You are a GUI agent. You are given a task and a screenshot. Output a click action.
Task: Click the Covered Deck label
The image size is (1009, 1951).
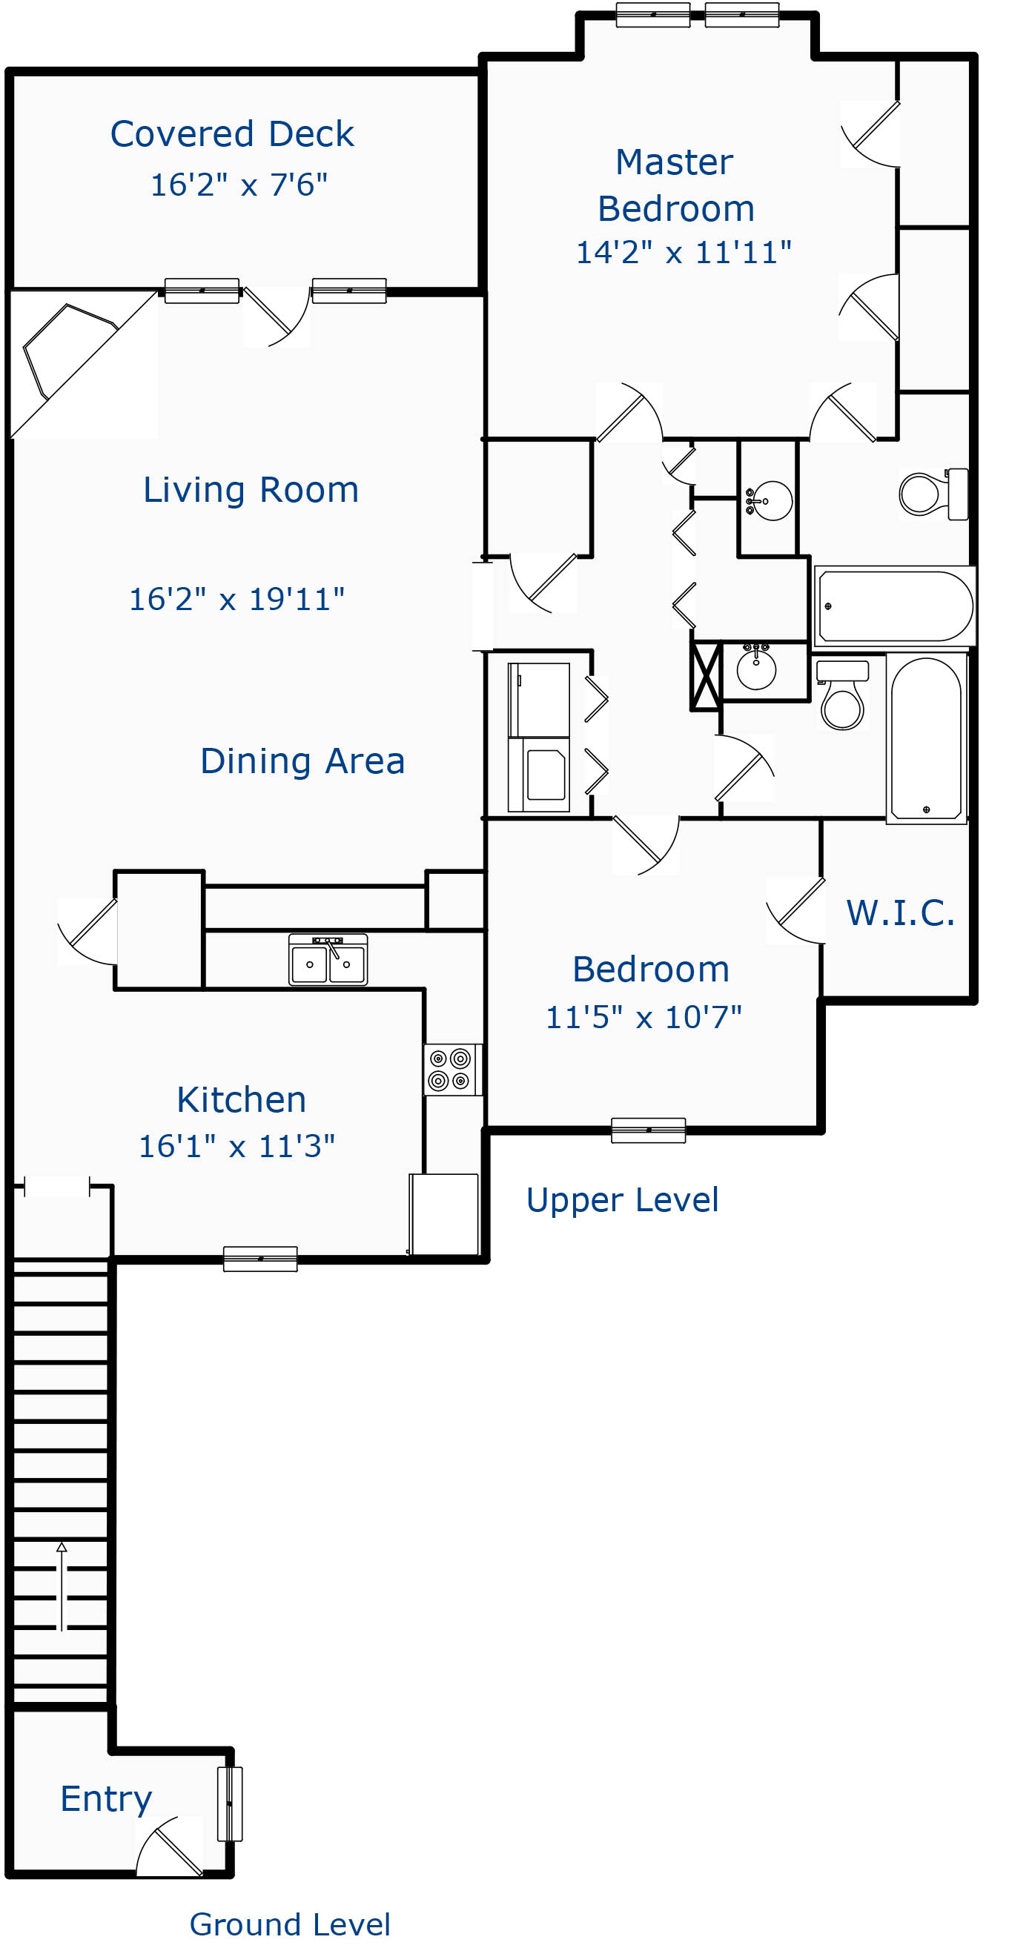[x=232, y=134]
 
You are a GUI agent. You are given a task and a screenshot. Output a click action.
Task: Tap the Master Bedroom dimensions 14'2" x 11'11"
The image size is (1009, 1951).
[x=684, y=252]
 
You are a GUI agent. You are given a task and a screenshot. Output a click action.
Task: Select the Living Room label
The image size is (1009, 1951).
[x=251, y=489]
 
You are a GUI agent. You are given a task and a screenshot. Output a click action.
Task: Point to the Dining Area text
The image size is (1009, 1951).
[x=302, y=761]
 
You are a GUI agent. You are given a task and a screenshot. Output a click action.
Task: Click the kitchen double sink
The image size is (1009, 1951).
[x=328, y=960]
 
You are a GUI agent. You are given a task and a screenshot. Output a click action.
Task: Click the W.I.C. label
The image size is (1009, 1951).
[x=900, y=912]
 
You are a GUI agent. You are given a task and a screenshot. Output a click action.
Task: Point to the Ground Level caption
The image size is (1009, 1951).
[x=289, y=1924]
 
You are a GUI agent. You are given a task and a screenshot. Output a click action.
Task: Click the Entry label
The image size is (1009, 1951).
[x=106, y=1800]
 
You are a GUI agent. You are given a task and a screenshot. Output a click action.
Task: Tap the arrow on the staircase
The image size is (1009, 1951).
[x=62, y=1585]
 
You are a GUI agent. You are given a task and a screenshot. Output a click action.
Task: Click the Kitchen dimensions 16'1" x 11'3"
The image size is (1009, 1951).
[x=236, y=1147]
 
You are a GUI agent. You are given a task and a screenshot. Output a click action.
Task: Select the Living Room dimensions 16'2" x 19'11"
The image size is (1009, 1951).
[x=236, y=599]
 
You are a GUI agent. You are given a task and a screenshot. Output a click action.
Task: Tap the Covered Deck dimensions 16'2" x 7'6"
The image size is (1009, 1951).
[x=239, y=185]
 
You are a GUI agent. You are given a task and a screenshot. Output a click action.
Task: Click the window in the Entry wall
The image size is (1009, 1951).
[x=230, y=1804]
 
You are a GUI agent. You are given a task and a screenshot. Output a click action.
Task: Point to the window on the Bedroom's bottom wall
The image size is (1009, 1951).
[x=649, y=1130]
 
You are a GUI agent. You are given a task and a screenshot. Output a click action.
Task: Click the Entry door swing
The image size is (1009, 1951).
[x=169, y=1846]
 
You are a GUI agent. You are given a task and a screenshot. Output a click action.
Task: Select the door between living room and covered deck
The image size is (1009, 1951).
[x=277, y=315]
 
